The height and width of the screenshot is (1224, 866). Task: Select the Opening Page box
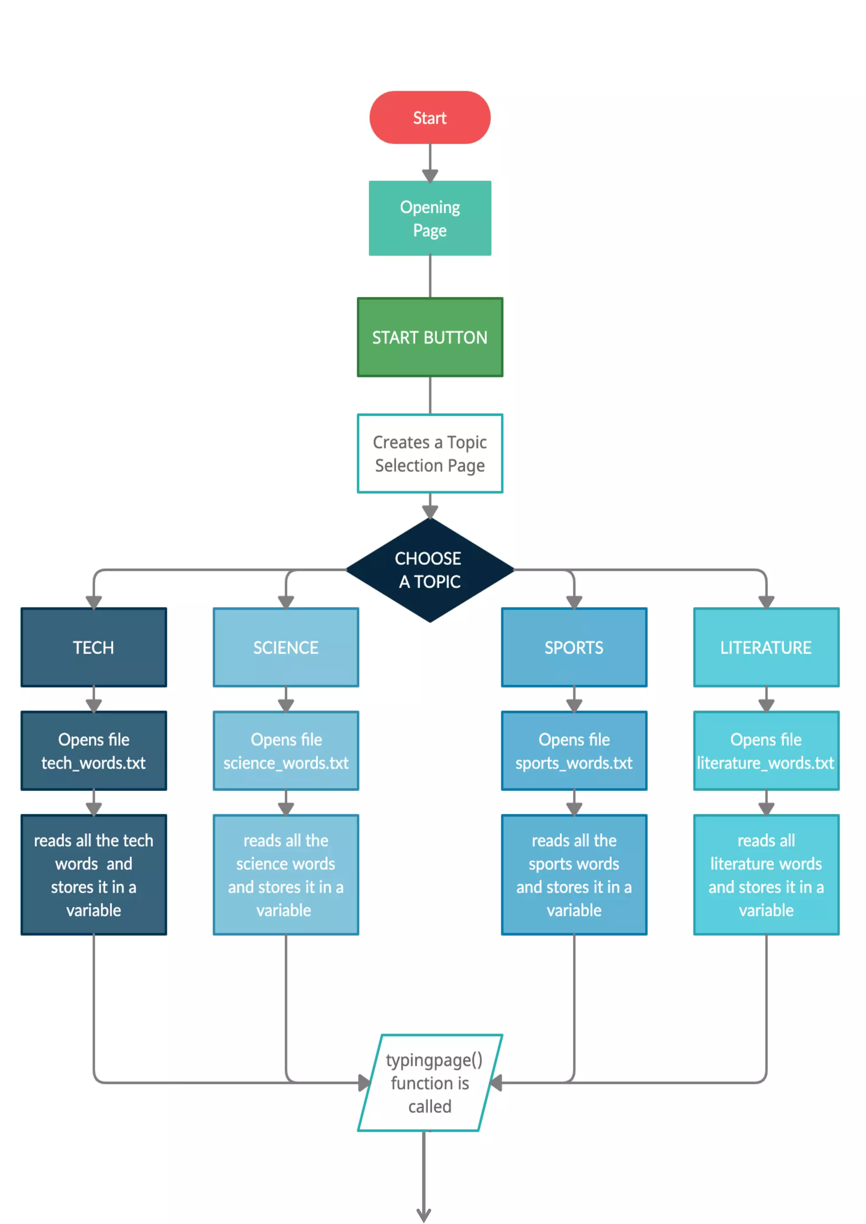tap(430, 218)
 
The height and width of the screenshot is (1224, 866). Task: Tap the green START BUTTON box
tap(430, 337)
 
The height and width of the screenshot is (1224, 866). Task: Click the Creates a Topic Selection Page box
tap(430, 453)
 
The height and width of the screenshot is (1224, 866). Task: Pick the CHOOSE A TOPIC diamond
tap(430, 569)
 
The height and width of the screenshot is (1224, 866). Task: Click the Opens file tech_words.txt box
tap(94, 751)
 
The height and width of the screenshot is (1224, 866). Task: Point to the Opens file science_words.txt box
tap(286, 751)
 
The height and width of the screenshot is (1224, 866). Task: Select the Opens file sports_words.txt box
tap(574, 751)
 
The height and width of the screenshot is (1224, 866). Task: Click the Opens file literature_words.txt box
tap(766, 751)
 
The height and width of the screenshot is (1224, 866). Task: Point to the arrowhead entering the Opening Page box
tap(430, 175)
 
